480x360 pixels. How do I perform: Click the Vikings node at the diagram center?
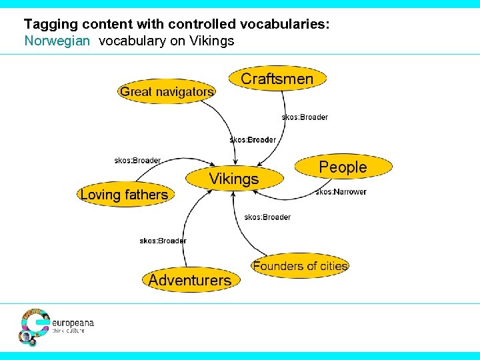click(x=233, y=179)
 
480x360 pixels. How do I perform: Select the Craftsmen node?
click(x=277, y=79)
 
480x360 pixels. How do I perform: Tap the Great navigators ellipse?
click(x=167, y=92)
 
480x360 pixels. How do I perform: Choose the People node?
click(x=343, y=167)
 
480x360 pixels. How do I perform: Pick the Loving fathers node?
click(x=124, y=195)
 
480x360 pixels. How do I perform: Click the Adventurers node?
click(x=190, y=280)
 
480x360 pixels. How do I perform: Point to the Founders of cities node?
click(x=300, y=266)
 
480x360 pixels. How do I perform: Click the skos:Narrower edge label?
click(x=341, y=192)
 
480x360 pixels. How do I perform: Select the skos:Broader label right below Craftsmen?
click(x=305, y=117)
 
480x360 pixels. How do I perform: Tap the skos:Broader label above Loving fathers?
click(x=137, y=160)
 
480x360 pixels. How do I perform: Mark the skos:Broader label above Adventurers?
click(x=163, y=241)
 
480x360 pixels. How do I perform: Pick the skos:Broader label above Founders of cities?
click(x=267, y=217)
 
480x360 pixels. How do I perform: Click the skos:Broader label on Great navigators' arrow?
click(x=253, y=140)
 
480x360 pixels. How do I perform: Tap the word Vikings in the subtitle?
click(x=211, y=41)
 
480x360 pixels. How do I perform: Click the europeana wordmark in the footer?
click(x=73, y=323)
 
